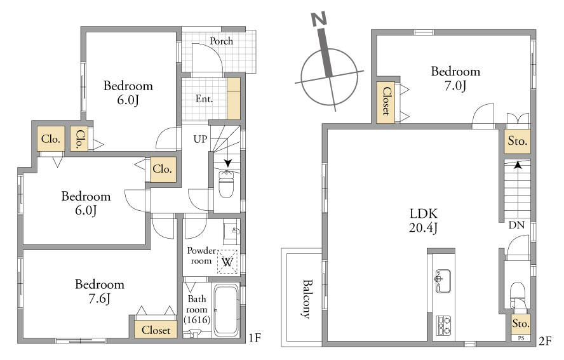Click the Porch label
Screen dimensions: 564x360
click(x=221, y=41)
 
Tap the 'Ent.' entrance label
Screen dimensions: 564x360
click(x=204, y=98)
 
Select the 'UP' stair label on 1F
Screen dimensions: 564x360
click(x=200, y=139)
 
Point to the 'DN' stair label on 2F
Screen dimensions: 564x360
click(x=516, y=225)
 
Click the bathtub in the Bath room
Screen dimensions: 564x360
click(x=226, y=310)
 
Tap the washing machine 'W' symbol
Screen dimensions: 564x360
click(x=227, y=262)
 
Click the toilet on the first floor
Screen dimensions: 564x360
click(x=226, y=184)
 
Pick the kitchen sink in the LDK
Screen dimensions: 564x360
click(x=443, y=281)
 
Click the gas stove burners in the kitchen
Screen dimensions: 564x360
click(x=444, y=326)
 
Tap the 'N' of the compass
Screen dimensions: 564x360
click(x=319, y=18)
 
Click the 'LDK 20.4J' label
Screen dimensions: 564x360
click(x=424, y=220)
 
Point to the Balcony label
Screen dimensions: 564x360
click(x=306, y=299)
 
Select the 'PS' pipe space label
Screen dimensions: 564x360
click(x=521, y=338)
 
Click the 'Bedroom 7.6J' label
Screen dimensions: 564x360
click(x=100, y=291)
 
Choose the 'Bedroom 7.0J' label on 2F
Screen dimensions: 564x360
click(x=456, y=78)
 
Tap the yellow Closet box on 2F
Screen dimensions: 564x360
click(x=386, y=102)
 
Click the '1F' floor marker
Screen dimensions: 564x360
click(x=255, y=338)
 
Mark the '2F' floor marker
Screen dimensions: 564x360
click(x=545, y=341)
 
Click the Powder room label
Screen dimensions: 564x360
click(x=201, y=255)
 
